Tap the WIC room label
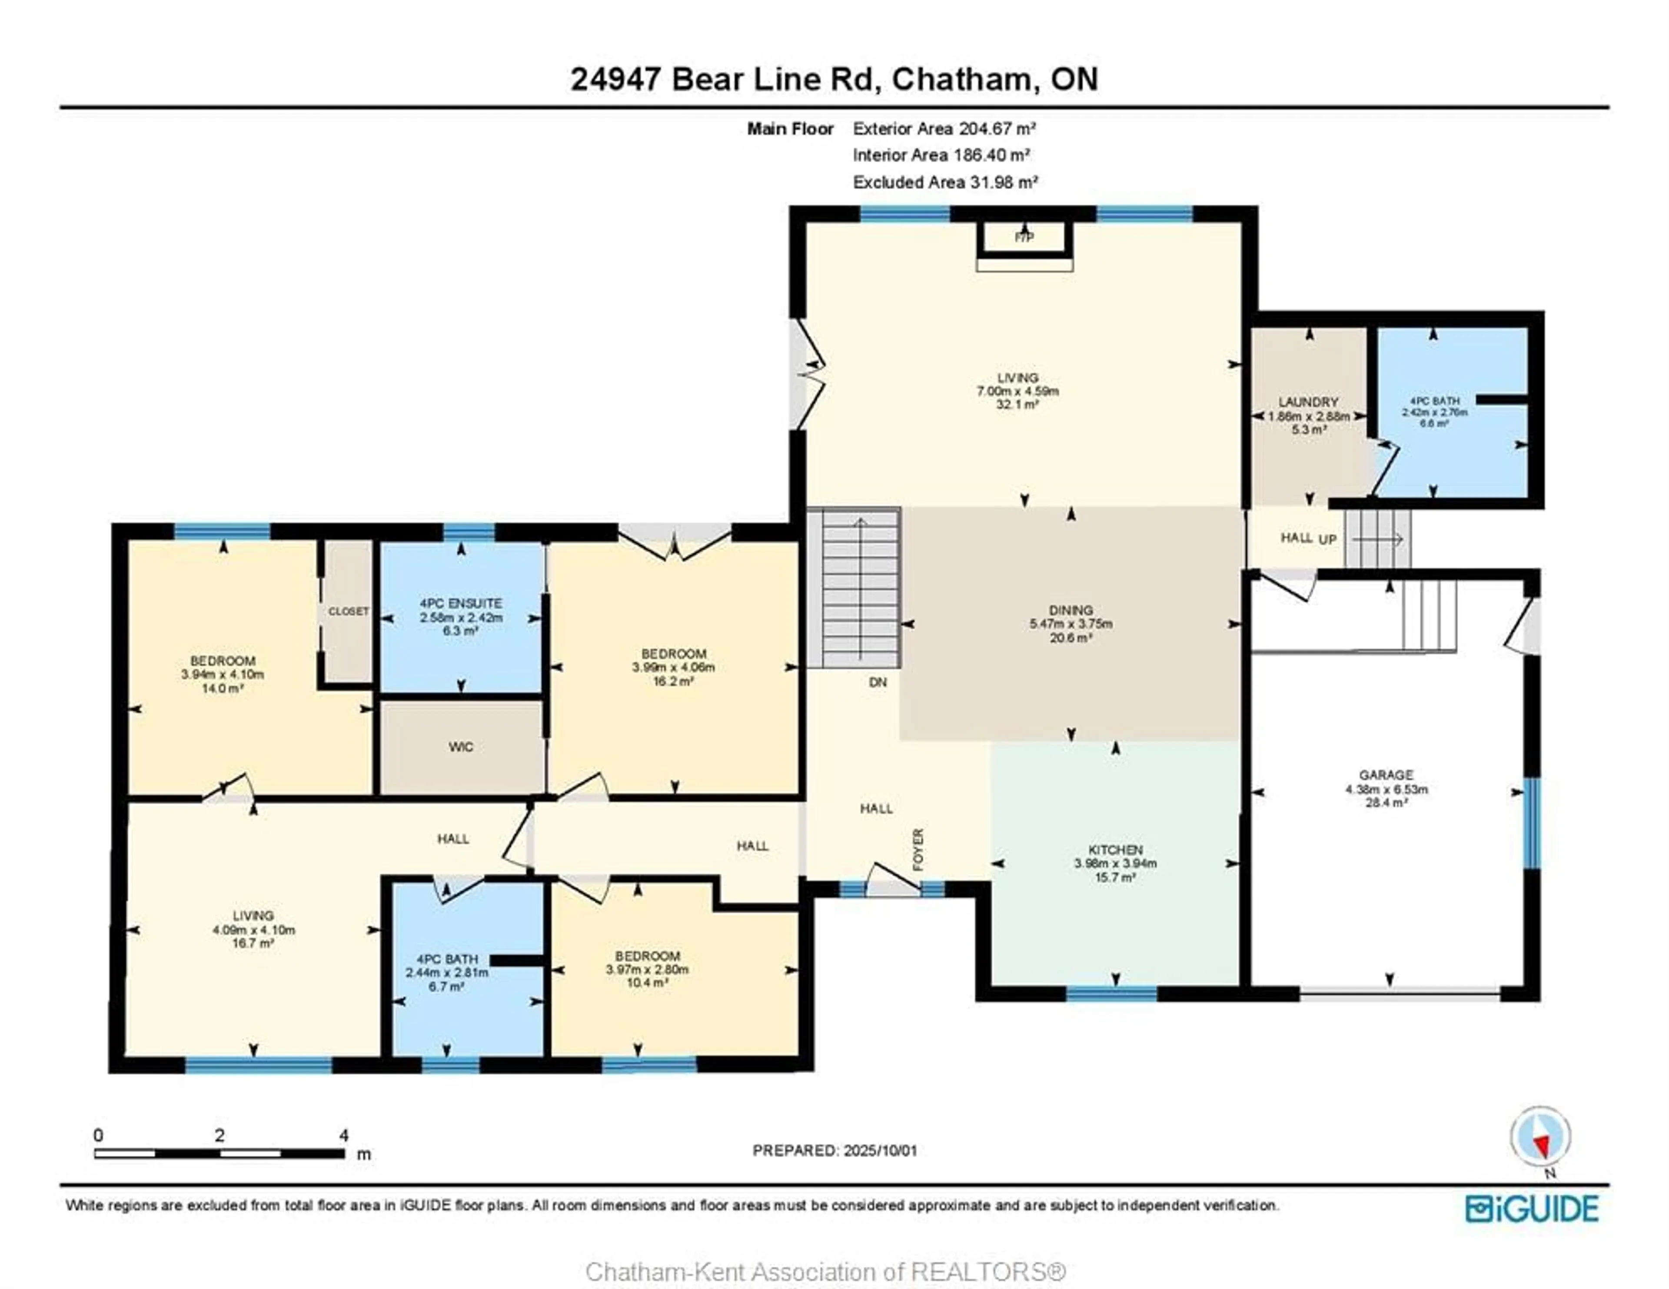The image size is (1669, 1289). (461, 747)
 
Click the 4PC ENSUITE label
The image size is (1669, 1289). (461, 604)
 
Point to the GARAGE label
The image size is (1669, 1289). (1386, 775)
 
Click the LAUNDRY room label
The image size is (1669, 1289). (1308, 402)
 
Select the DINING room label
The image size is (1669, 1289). (1071, 610)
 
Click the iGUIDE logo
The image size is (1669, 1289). (1532, 1209)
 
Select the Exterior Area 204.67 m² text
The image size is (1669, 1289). (944, 128)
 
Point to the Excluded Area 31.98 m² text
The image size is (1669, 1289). (945, 182)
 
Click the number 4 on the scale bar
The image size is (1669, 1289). (344, 1136)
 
